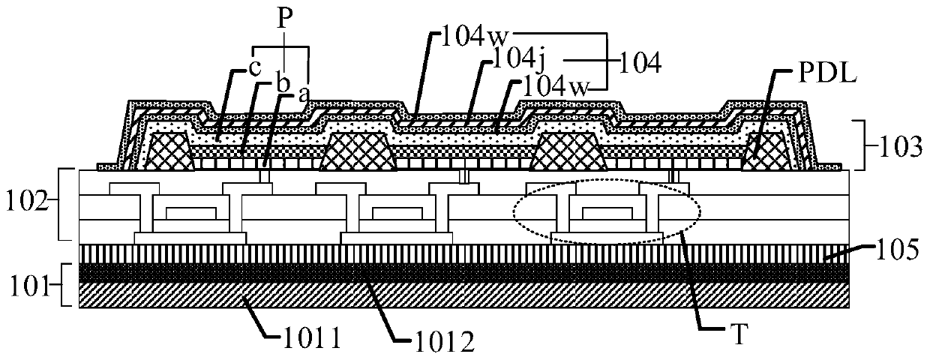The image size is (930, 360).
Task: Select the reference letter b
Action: click(x=284, y=83)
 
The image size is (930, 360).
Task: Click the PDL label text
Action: click(x=804, y=78)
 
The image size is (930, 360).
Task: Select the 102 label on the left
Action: click(x=26, y=201)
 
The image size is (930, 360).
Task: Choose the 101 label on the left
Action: click(x=26, y=285)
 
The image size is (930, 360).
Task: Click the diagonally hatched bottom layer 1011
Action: click(x=465, y=295)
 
